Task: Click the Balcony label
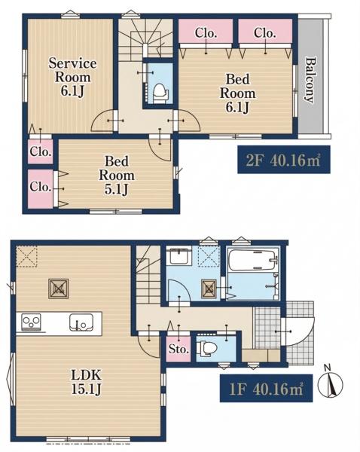click(310, 80)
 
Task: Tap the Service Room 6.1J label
click(72, 78)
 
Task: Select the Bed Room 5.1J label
click(117, 176)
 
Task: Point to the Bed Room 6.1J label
click(237, 93)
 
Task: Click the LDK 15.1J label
click(86, 383)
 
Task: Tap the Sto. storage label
click(178, 350)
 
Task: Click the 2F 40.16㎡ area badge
click(284, 160)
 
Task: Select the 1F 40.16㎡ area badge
click(266, 388)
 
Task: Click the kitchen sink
click(81, 322)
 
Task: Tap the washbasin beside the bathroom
click(180, 255)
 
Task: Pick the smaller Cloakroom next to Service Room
click(41, 151)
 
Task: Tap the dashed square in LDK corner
click(26, 256)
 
